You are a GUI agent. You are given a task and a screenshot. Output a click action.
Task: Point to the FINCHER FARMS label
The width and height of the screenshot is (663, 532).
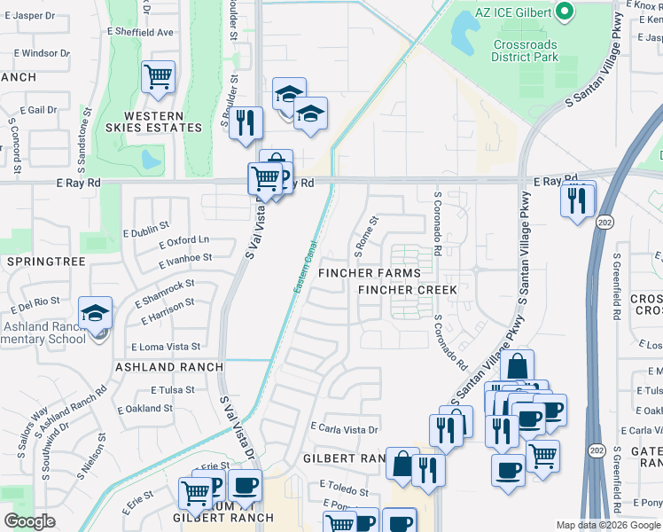(x=370, y=273)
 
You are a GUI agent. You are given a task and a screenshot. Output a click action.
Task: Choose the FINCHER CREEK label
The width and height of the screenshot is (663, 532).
(x=408, y=290)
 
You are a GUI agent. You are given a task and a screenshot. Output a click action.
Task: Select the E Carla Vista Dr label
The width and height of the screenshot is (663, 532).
(x=345, y=429)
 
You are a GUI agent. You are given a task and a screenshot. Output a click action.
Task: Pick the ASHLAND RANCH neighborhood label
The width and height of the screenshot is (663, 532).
(x=157, y=366)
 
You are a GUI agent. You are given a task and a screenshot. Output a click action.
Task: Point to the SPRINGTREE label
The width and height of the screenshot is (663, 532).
(x=45, y=262)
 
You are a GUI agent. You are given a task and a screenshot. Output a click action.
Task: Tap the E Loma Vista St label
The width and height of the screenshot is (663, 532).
(x=166, y=347)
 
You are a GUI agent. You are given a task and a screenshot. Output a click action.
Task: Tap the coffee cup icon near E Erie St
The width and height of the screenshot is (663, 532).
(x=245, y=486)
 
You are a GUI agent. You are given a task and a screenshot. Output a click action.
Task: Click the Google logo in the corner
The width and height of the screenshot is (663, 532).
(x=29, y=521)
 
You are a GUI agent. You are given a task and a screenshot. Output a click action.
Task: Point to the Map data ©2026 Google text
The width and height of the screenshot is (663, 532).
(x=607, y=525)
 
